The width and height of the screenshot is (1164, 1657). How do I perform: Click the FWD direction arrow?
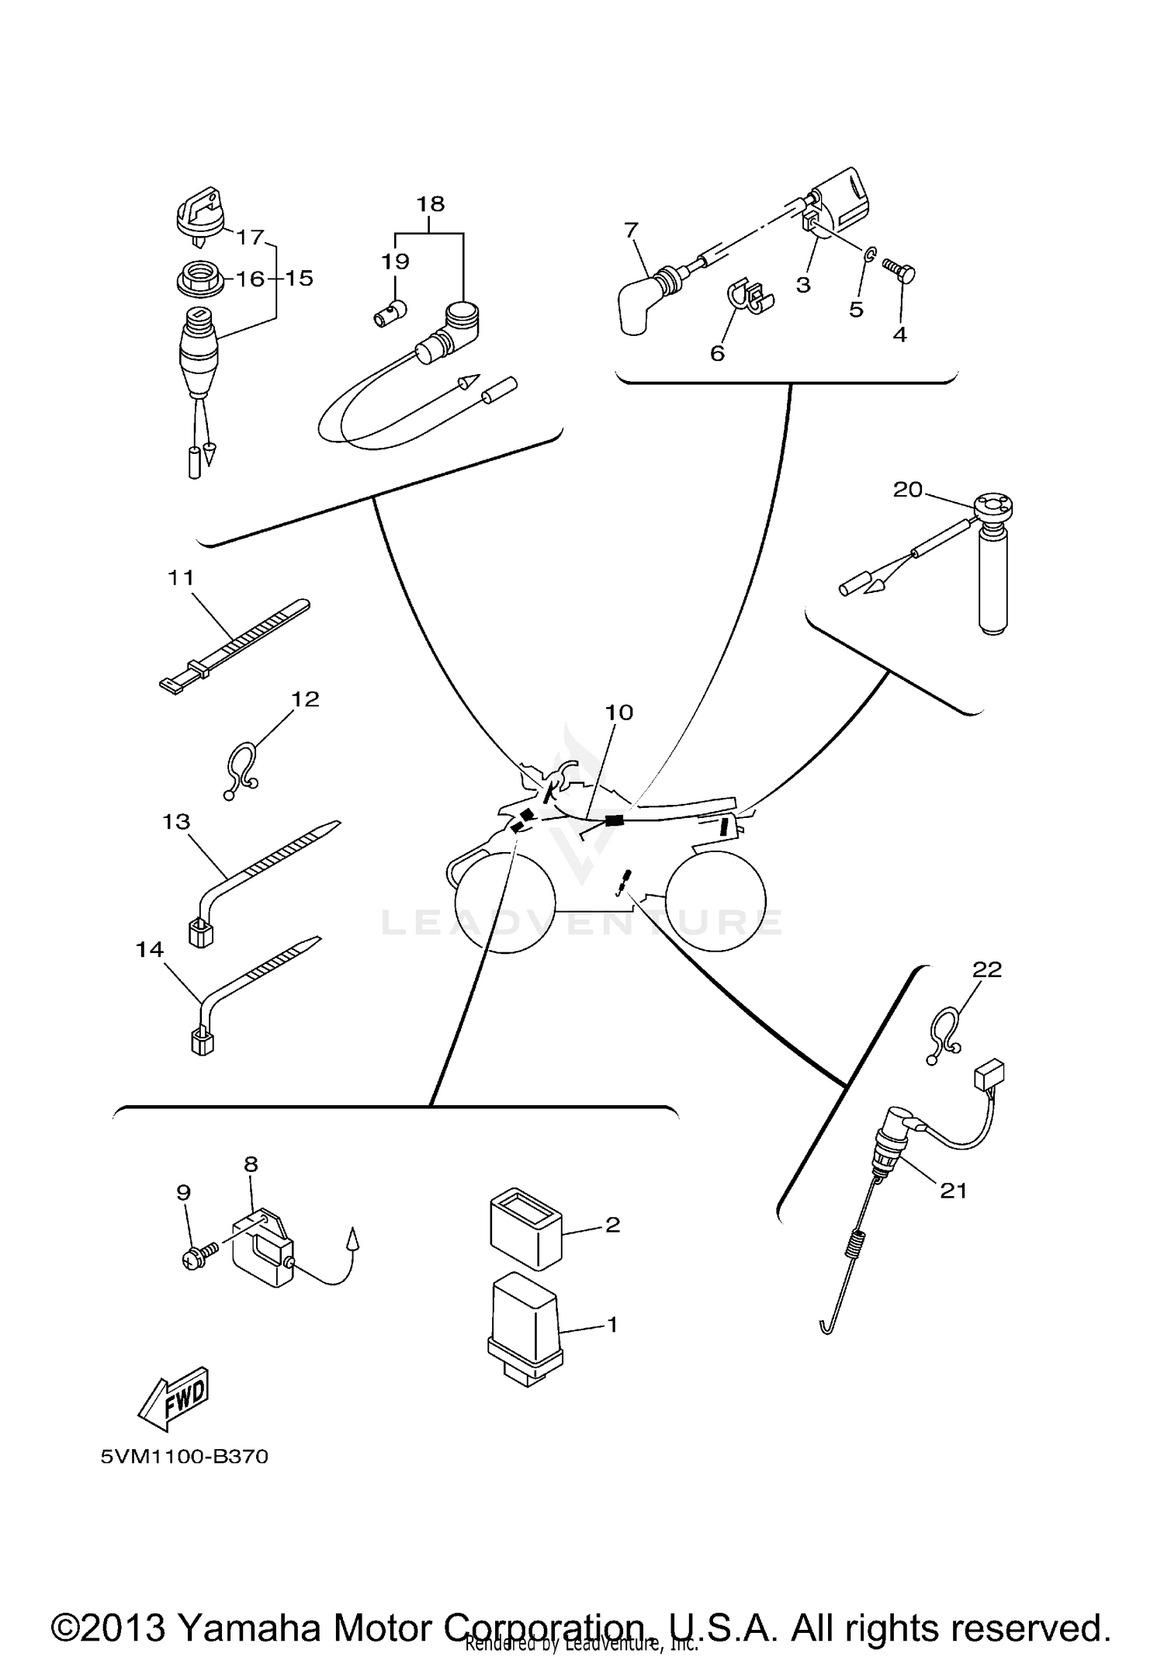[x=175, y=1398]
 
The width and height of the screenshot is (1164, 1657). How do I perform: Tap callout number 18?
[x=431, y=204]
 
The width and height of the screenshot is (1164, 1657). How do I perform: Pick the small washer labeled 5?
[x=871, y=253]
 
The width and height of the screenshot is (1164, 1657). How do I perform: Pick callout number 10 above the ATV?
[x=618, y=712]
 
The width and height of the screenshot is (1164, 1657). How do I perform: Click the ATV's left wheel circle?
[x=505, y=901]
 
